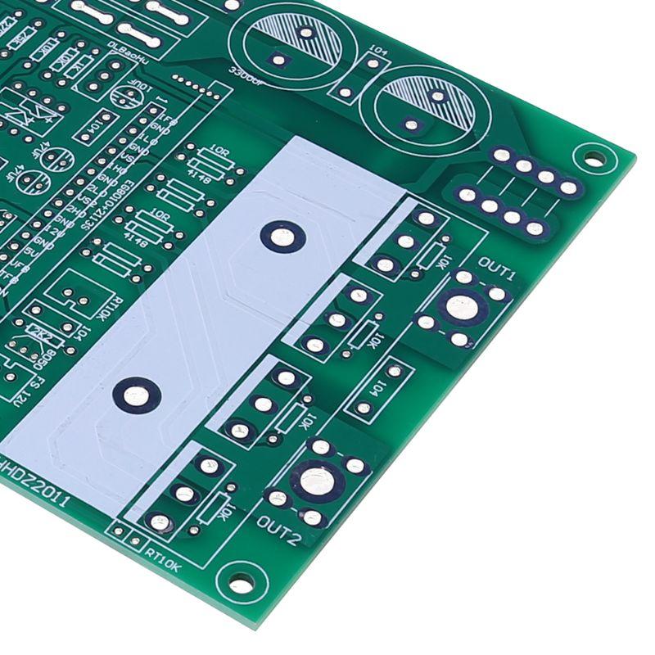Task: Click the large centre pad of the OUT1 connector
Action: tap(462, 308)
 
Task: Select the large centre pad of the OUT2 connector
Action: tap(316, 481)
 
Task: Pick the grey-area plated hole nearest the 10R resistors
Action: tap(282, 237)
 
